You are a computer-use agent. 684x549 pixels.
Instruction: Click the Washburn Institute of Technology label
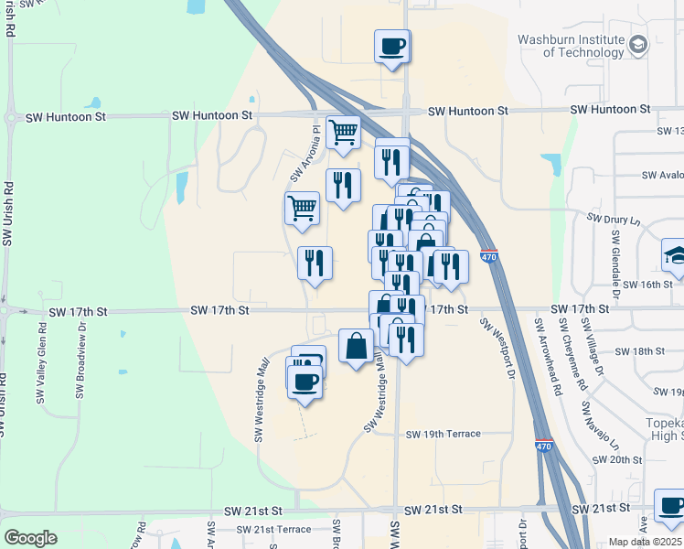coord(571,46)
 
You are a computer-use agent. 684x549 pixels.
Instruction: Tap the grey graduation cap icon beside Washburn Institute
coord(638,45)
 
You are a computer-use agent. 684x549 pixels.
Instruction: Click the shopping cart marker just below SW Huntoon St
coord(343,132)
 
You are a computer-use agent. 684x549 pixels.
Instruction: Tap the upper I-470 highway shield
coord(489,258)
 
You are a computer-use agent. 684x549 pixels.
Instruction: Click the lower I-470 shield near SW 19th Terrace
coord(544,447)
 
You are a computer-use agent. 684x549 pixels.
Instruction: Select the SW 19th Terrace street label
coord(444,434)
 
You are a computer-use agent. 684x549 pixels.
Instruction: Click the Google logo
coord(30,538)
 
